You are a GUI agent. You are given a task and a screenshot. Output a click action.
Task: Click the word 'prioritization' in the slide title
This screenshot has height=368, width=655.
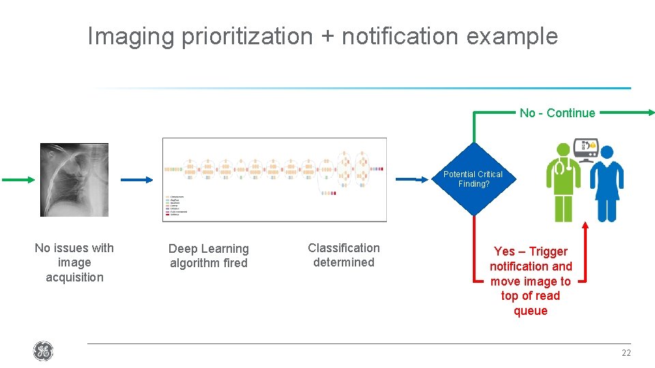coord(247,36)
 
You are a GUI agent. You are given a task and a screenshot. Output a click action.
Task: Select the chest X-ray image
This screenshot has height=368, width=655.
coord(74,180)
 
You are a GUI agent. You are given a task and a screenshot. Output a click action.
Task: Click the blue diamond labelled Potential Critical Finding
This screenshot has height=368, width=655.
coord(474,179)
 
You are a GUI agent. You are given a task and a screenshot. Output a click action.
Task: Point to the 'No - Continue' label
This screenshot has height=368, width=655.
coord(557,113)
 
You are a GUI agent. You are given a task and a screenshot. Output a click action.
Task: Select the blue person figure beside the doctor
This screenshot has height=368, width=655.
coord(606,184)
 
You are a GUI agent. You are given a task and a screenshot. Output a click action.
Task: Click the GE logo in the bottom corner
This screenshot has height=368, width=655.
coord(43,352)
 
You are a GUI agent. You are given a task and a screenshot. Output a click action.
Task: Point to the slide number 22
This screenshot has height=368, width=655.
coord(626,353)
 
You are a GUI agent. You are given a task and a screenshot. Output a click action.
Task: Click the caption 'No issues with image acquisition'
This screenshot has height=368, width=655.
coord(74,262)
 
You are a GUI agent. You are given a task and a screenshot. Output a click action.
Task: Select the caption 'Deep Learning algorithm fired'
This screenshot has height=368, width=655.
coord(209,256)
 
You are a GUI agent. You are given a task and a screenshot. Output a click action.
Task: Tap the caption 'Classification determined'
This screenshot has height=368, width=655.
coord(344,255)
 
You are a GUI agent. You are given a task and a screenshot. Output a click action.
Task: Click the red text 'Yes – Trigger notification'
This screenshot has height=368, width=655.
coord(530,259)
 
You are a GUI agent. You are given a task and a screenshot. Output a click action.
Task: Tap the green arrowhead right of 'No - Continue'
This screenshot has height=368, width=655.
coord(650,113)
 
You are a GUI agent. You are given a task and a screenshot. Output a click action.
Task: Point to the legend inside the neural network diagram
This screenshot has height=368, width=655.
coord(176,206)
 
